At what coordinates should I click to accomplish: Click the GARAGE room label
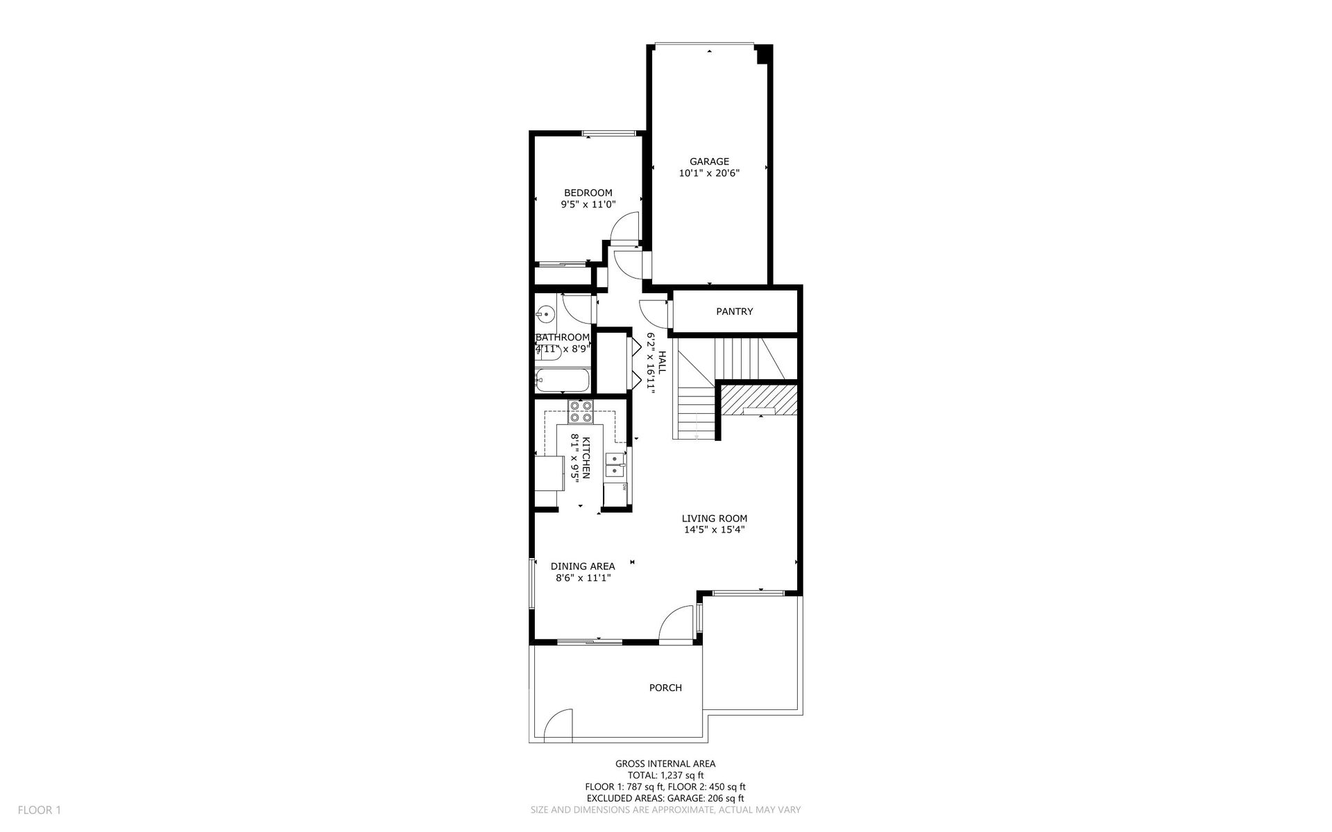(709, 162)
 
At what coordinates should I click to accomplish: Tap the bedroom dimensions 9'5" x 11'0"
(588, 205)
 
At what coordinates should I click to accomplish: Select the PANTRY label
(734, 312)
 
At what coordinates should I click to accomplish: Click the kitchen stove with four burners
(580, 412)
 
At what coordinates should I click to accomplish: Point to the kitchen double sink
(615, 465)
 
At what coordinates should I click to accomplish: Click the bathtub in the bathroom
(562, 381)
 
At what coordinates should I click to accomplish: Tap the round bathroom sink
(547, 315)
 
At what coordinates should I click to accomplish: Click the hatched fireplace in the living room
(757, 401)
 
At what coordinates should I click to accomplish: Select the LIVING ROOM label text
(714, 519)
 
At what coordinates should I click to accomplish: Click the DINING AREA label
(583, 566)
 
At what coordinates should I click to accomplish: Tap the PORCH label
(665, 688)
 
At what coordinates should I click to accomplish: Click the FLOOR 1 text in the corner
(40, 810)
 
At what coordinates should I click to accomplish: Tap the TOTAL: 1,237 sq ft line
(665, 775)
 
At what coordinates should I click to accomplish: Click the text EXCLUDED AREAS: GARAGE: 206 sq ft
(665, 798)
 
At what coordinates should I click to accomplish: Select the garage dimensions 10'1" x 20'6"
(709, 173)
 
